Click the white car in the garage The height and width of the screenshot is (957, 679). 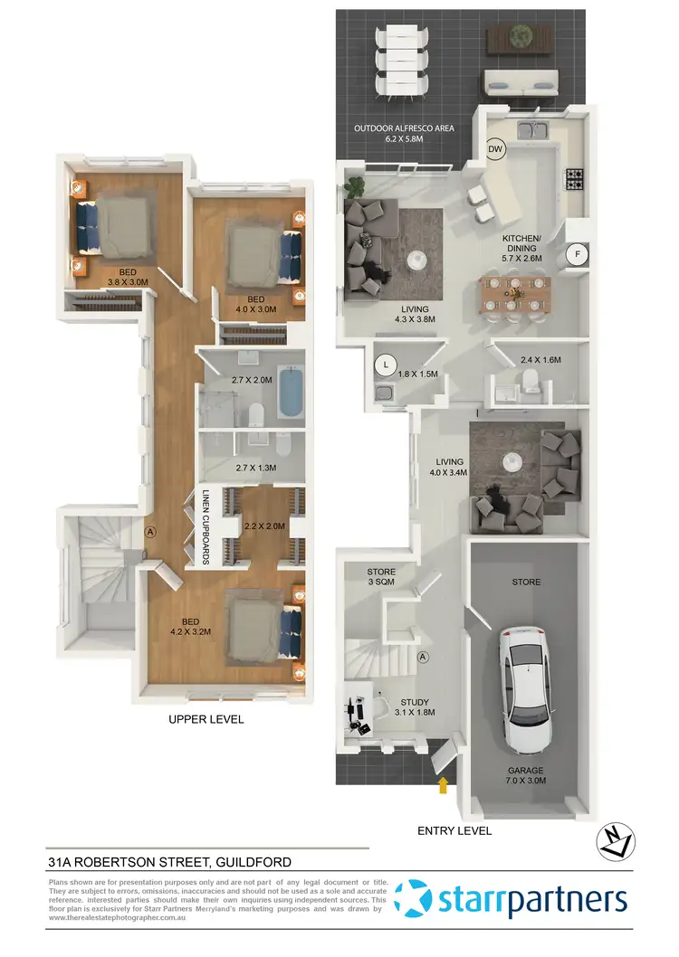[x=525, y=687]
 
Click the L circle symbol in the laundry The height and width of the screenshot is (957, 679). [x=387, y=365]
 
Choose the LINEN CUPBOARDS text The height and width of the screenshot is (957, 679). [x=206, y=527]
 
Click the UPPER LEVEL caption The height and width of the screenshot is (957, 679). [x=206, y=720]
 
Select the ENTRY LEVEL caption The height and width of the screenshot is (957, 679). [x=454, y=829]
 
